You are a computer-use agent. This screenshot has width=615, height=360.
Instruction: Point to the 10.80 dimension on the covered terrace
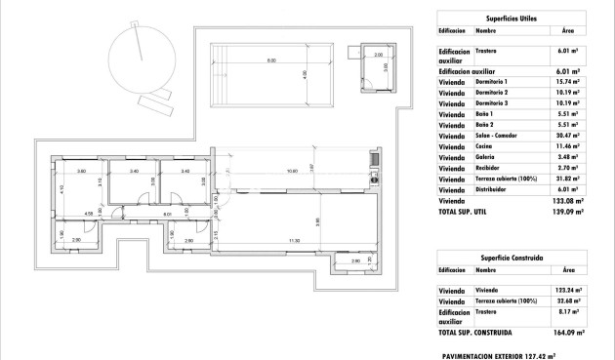click(291, 172)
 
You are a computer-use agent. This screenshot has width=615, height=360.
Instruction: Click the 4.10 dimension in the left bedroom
click(61, 188)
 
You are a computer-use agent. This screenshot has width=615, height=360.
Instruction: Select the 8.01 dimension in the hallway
click(168, 214)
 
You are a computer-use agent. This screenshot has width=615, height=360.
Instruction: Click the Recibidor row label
click(489, 167)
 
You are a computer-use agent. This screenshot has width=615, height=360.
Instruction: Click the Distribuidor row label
click(492, 189)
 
